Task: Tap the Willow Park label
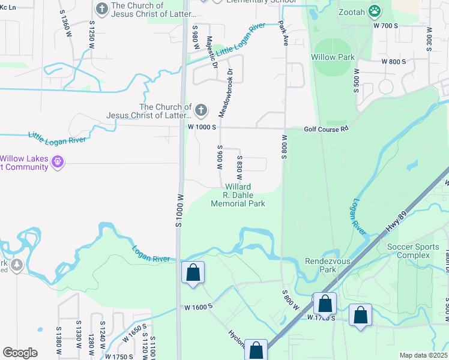point(333,57)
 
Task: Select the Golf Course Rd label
point(326,128)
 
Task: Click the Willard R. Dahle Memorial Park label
point(238,196)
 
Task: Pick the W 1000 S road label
point(201,127)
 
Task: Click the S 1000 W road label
point(178,209)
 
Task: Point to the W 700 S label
point(385,26)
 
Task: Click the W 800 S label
point(394,61)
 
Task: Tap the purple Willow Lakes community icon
point(58,162)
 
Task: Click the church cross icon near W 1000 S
point(200,110)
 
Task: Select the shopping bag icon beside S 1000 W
point(193,272)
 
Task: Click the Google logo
point(20,353)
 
